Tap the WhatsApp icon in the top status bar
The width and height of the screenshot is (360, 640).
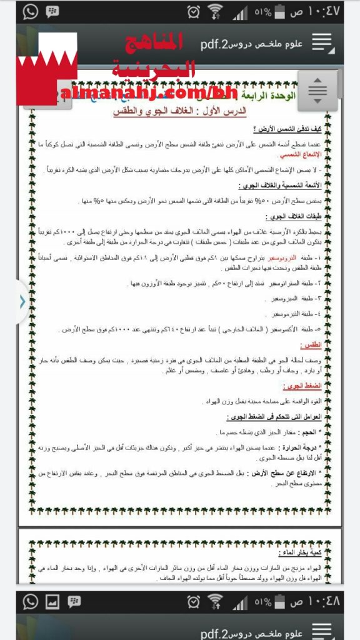pyautogui.click(x=31, y=11)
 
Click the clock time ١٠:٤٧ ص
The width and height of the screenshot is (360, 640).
pyautogui.click(x=319, y=11)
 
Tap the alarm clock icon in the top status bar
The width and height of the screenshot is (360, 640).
pyautogui.click(x=194, y=11)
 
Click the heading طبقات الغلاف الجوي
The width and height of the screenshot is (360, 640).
pyautogui.click(x=303, y=216)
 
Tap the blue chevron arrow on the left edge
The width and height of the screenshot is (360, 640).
pyautogui.click(x=22, y=301)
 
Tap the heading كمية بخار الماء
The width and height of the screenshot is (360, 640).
pyautogui.click(x=306, y=553)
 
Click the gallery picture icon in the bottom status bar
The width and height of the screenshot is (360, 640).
pyautogui.click(x=52, y=601)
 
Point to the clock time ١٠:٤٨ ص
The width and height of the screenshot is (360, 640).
pyautogui.click(x=319, y=601)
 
